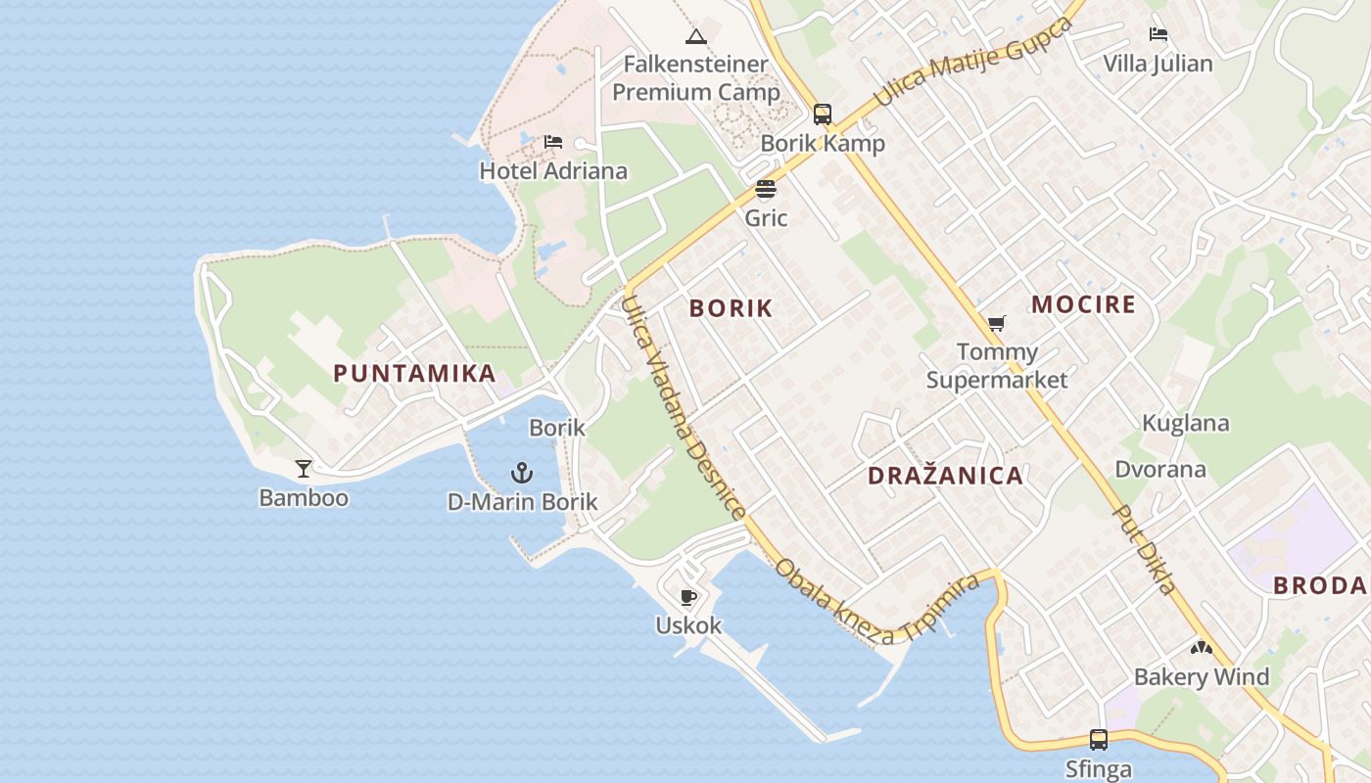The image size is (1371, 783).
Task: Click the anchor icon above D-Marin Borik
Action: [522, 474]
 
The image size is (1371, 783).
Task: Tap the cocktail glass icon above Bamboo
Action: [304, 468]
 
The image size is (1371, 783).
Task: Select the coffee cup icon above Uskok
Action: [688, 596]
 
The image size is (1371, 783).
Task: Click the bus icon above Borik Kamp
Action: [823, 115]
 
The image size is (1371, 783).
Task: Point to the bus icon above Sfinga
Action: [1099, 740]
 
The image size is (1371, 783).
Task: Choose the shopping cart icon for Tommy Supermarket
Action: [997, 323]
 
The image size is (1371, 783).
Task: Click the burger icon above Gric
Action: [766, 189]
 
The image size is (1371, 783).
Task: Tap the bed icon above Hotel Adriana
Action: [553, 142]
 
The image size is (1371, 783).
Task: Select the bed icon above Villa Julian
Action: [1158, 34]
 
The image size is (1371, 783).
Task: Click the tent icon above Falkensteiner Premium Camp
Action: [696, 37]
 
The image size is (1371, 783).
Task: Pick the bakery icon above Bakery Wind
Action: [1202, 647]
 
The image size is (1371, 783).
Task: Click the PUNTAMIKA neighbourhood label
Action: [414, 373]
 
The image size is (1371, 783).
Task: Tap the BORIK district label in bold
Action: [731, 308]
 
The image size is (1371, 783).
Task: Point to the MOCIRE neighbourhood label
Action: [1083, 304]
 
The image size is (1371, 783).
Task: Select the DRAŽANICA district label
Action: [945, 477]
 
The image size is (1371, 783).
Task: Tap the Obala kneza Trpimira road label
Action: [876, 603]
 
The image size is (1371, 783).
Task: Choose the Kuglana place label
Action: [1185, 424]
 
